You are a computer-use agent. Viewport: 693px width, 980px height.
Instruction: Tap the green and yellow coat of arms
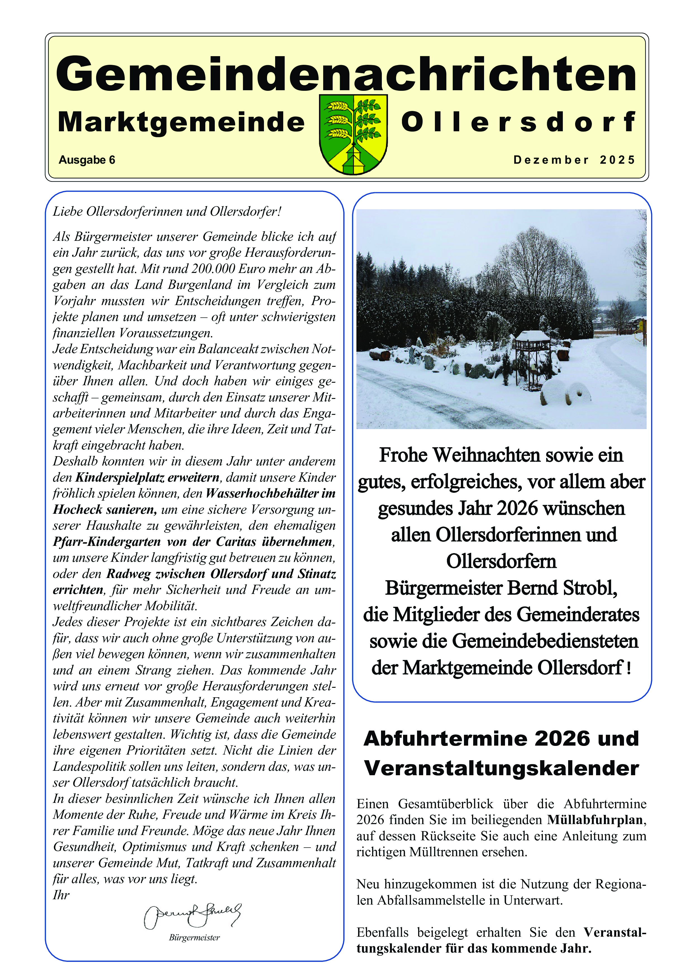tap(353, 134)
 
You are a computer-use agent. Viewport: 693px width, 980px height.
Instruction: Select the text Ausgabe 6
tap(87, 160)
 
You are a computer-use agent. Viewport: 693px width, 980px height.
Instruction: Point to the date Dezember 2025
tap(574, 160)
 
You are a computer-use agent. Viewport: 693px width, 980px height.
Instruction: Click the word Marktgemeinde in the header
tap(181, 122)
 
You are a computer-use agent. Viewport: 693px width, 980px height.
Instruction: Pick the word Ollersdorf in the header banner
tap(518, 122)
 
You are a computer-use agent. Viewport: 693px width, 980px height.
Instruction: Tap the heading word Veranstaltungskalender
tap(501, 768)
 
